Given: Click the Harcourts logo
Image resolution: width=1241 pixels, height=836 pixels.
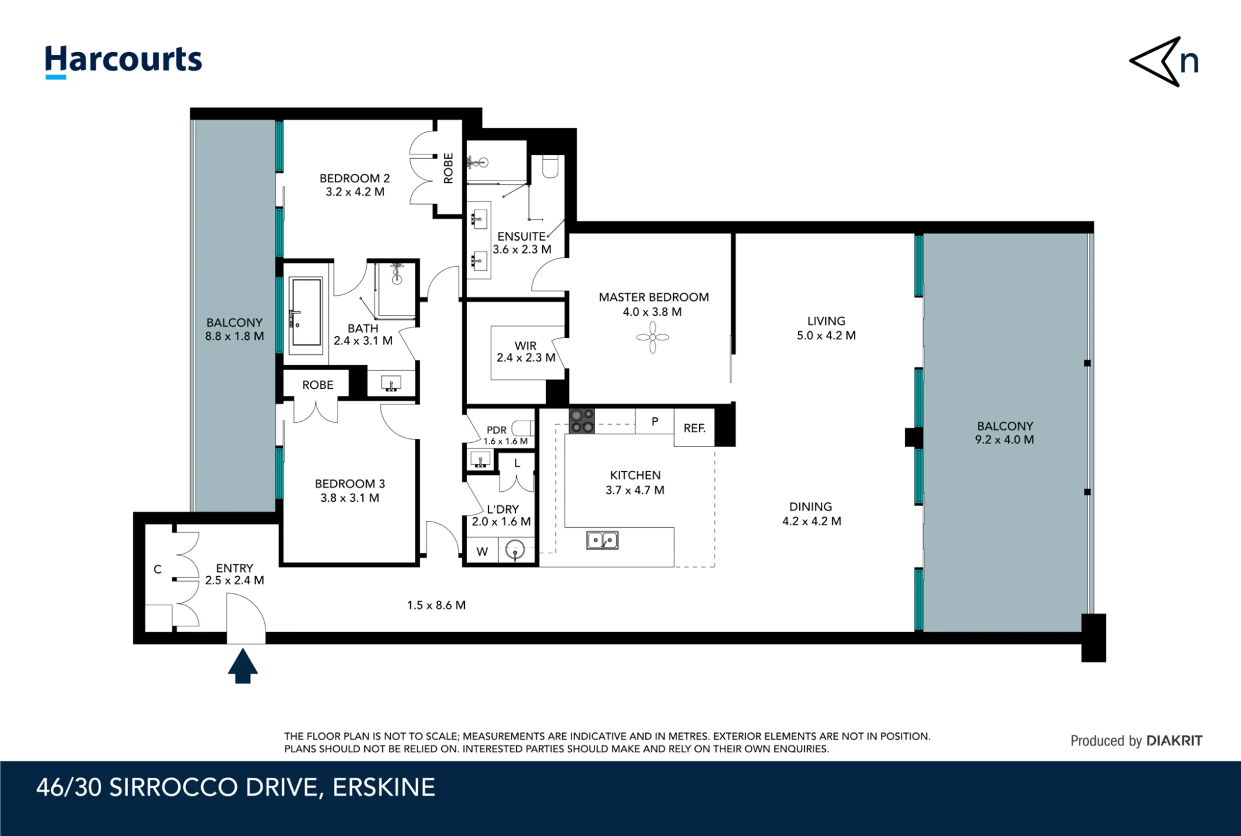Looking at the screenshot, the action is [123, 61].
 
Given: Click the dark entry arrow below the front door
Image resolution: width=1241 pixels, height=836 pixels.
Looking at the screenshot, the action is [243, 665].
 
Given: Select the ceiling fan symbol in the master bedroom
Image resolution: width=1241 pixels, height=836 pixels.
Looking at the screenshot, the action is [653, 337].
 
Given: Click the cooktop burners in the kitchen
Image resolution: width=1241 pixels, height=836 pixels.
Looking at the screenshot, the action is [582, 420].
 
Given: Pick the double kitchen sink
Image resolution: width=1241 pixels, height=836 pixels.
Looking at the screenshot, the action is [602, 540].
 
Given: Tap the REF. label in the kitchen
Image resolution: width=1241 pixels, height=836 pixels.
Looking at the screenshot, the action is [694, 428].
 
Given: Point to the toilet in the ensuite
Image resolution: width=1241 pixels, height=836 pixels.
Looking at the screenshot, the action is [550, 166].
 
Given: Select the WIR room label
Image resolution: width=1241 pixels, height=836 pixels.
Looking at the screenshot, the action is [526, 345].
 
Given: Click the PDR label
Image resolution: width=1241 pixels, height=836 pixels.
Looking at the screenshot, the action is [496, 430].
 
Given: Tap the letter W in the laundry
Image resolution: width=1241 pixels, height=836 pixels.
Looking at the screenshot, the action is [482, 551].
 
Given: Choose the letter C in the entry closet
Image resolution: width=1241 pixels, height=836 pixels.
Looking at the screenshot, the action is [158, 569].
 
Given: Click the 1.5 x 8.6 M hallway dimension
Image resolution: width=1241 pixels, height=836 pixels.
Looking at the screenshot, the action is [436, 605].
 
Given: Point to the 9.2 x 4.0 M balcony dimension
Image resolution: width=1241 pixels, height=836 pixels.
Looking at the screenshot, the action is [1005, 440].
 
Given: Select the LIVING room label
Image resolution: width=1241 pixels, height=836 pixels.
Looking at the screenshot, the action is [826, 321].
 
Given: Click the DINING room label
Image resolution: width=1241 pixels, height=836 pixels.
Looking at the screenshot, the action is [810, 507].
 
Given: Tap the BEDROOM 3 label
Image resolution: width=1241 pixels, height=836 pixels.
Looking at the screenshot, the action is [350, 484].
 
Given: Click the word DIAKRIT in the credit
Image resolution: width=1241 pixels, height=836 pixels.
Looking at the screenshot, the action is [1174, 740].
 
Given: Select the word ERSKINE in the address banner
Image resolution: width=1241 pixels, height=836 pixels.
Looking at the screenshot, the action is [383, 787].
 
